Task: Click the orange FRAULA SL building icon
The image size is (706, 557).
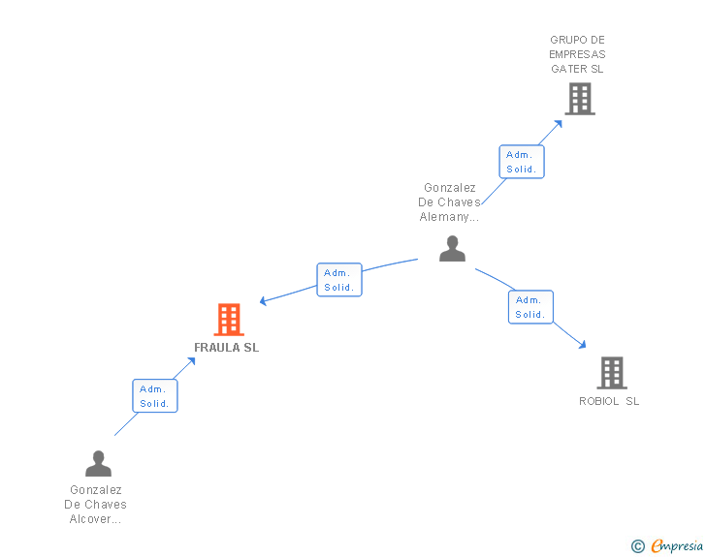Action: (x=229, y=320)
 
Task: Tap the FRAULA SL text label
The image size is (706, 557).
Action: (x=227, y=348)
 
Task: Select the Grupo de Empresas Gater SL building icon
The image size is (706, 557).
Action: (x=579, y=99)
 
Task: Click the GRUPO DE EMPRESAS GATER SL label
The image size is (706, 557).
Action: (x=578, y=54)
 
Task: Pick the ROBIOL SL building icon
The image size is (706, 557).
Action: (x=611, y=372)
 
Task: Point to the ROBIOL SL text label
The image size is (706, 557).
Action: (x=609, y=401)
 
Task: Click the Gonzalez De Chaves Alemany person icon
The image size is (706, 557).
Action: (x=452, y=249)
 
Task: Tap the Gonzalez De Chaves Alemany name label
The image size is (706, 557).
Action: (x=450, y=202)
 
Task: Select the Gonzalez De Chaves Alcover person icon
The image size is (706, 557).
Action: (x=98, y=464)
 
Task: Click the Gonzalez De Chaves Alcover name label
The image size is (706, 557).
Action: (x=96, y=505)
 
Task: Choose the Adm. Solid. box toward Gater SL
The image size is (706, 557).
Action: (x=522, y=162)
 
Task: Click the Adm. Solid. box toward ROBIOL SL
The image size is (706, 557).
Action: (x=530, y=307)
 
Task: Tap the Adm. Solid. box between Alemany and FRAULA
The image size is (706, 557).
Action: (x=339, y=280)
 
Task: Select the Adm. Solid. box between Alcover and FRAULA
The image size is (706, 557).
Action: (x=155, y=396)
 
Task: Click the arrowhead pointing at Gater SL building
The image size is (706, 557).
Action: (x=559, y=123)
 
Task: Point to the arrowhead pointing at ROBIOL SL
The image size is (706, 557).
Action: (x=582, y=344)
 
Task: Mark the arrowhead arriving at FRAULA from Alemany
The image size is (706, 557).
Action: (x=264, y=301)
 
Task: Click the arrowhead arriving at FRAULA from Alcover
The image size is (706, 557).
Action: (x=192, y=361)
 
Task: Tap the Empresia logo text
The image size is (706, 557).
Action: (x=677, y=546)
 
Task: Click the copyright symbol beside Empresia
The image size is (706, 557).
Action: (x=638, y=547)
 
